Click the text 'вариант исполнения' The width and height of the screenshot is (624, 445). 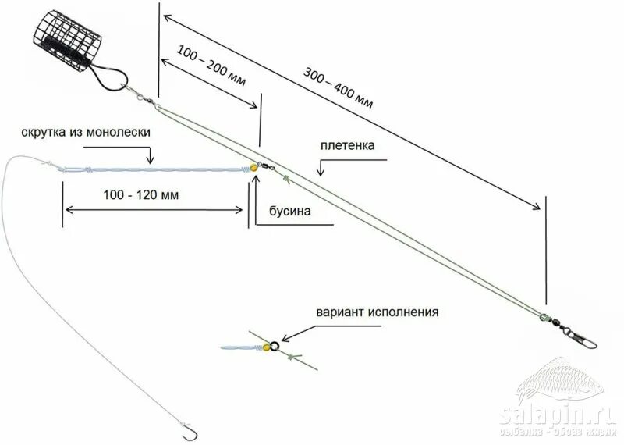(x=378, y=311)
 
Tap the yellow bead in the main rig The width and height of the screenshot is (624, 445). (x=254, y=167)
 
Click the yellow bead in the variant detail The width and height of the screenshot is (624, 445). (x=265, y=348)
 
